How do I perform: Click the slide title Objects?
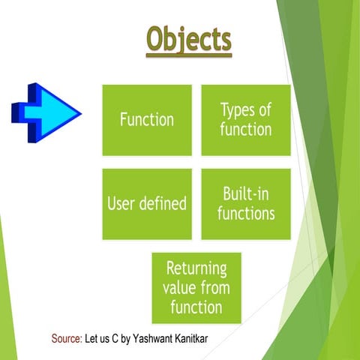point(189,41)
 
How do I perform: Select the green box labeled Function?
point(147,119)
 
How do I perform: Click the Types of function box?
point(246,119)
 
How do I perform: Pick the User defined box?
point(147,203)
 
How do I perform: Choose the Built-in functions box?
point(246,203)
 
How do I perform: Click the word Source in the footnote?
point(66,339)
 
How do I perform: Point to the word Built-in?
point(246,193)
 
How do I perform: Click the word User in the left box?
point(122,203)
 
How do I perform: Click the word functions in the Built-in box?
point(246,214)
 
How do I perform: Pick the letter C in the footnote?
point(119,339)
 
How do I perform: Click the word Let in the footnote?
point(92,339)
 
